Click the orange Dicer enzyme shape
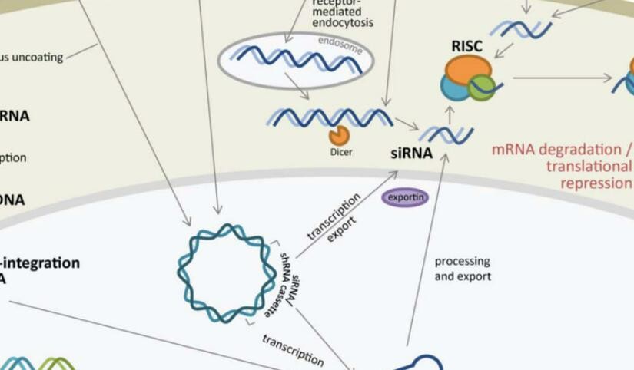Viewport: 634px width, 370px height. pyautogui.click(x=339, y=136)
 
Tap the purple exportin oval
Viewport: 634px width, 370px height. pyautogui.click(x=405, y=197)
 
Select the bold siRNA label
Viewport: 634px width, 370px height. pyautogui.click(x=411, y=152)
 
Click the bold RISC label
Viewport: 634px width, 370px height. pyautogui.click(x=466, y=47)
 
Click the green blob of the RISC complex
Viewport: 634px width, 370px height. pyautogui.click(x=482, y=87)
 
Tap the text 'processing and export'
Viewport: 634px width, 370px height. pyautogui.click(x=462, y=269)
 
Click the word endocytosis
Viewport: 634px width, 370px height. pyautogui.click(x=342, y=23)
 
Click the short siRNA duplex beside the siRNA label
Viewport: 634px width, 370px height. pyautogui.click(x=446, y=135)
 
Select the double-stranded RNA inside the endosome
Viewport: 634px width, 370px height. pyautogui.click(x=296, y=59)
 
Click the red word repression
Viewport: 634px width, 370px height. pyautogui.click(x=596, y=183)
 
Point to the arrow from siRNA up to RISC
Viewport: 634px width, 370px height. pyautogui.click(x=451, y=114)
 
